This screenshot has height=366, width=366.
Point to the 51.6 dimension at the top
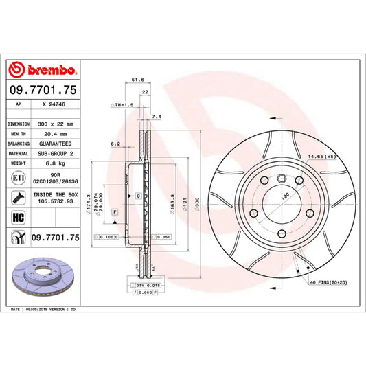137,80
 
